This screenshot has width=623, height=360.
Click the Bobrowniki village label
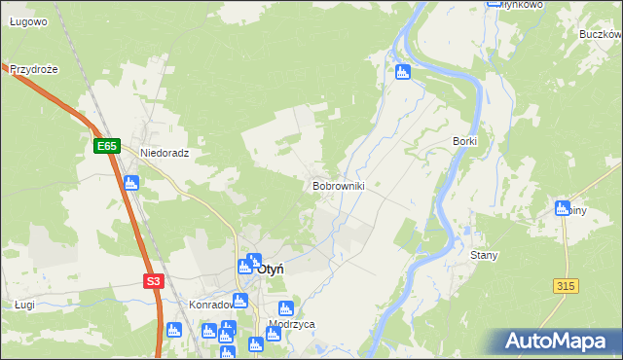(338, 185)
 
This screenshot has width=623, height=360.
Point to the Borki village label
(464, 141)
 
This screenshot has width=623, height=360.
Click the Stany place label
(484, 255)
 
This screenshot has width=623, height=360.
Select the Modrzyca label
(291, 324)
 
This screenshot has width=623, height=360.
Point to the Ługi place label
(25, 305)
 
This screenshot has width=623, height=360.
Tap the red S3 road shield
(153, 281)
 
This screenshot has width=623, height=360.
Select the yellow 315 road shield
(565, 285)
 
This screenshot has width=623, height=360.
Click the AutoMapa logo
(558, 342)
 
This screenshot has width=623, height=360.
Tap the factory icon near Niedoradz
(131, 182)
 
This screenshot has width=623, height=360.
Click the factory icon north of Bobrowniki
(403, 71)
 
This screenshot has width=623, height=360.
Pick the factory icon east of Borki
(562, 207)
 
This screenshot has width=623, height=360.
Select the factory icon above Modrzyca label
(285, 308)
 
